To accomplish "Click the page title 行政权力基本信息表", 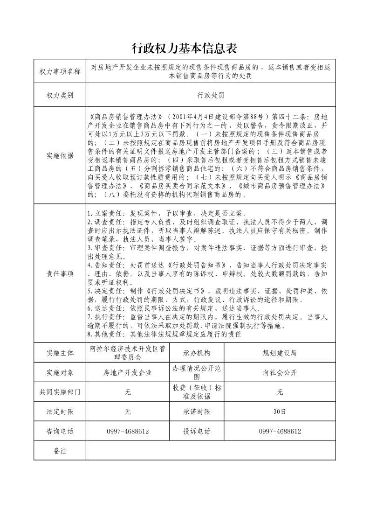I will (x=185, y=49).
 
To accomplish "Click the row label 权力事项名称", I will (x=60, y=71).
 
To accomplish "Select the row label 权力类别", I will (x=60, y=95).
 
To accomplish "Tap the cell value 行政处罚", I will (x=211, y=95).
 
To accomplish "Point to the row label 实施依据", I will (x=60, y=156).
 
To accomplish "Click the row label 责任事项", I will (x=60, y=274).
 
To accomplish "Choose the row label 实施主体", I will (x=60, y=353).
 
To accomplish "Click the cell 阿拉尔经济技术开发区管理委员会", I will (x=128, y=353).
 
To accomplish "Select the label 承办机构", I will (x=197, y=353).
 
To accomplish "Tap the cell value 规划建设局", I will (x=280, y=353).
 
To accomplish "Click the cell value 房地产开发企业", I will (x=128, y=372).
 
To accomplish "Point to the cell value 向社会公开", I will (x=280, y=372).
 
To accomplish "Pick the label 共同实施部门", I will (x=60, y=392).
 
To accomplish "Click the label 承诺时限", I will (x=197, y=412).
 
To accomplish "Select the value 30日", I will (x=280, y=412).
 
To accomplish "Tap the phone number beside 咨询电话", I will (x=128, y=432).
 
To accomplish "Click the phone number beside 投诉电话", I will (x=280, y=432).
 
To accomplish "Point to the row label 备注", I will (x=60, y=451).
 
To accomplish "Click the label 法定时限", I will (x=60, y=412).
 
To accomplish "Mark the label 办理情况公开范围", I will (x=197, y=372).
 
